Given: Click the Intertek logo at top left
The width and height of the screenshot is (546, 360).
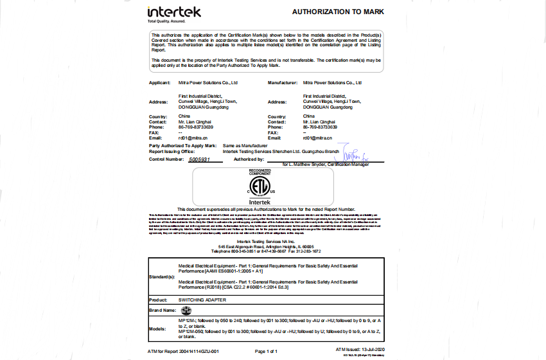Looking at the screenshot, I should click(174, 12).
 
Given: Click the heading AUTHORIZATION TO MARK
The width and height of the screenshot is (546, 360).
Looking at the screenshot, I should click(339, 12).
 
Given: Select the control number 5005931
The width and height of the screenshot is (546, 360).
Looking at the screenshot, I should click(204, 158).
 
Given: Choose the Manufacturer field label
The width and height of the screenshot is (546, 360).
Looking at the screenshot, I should click(283, 83).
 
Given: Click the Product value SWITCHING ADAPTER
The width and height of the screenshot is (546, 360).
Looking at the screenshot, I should click(203, 300).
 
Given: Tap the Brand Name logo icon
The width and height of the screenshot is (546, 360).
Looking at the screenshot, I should click(186, 310).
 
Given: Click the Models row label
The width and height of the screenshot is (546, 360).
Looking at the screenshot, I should click(157, 328).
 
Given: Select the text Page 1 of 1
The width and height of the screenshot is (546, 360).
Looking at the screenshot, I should click(266, 352).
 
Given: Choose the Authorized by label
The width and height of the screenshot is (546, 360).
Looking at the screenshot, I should click(249, 158).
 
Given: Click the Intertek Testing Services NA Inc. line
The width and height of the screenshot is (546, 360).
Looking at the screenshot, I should click(266, 241).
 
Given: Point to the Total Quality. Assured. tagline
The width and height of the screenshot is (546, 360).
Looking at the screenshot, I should click(166, 21).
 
